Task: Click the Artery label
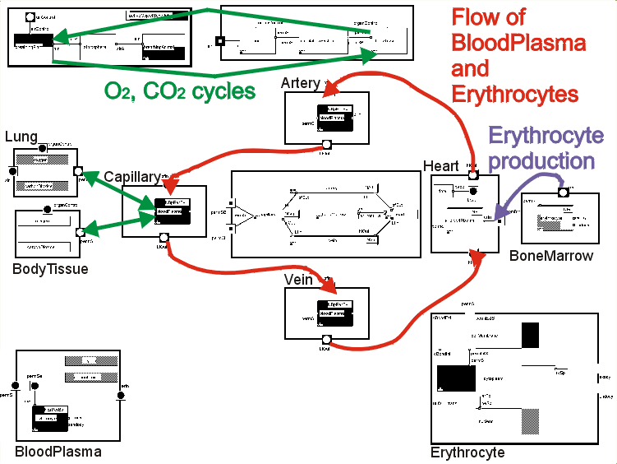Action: pos(300,83)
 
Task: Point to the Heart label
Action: pos(441,166)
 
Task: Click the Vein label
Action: pos(298,280)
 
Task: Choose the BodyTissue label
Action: pos(50,268)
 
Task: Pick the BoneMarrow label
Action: pos(562,256)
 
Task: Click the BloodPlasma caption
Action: pos(58,451)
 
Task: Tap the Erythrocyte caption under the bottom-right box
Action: pos(467,452)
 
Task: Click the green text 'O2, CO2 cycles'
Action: pos(180,90)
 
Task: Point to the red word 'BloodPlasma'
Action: pos(518,43)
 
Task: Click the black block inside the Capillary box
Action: pos(173,211)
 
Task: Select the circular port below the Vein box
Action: pos(326,341)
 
